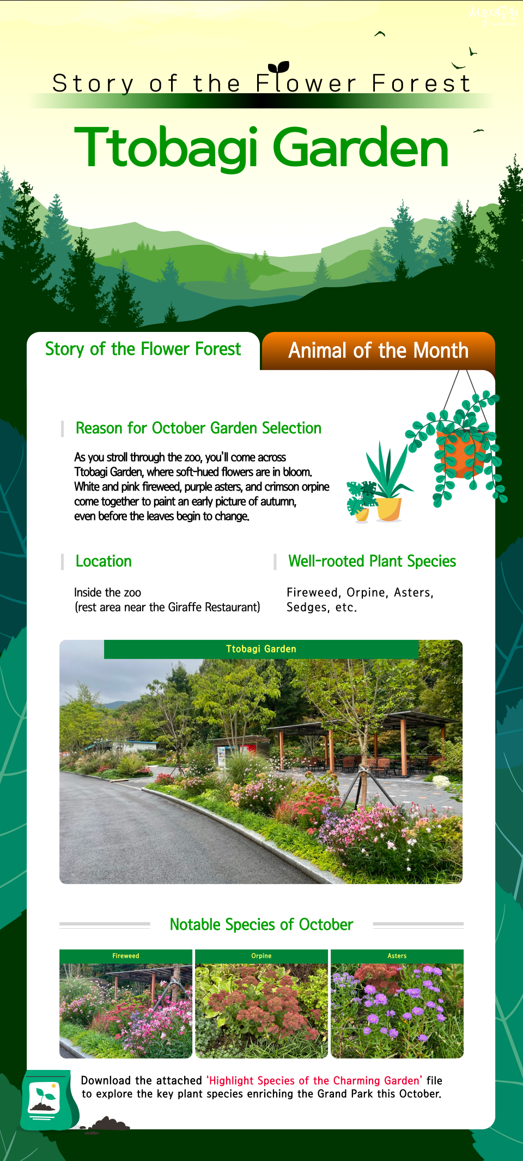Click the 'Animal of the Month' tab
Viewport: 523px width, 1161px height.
(378, 350)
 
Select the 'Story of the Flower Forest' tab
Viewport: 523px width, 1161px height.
(143, 349)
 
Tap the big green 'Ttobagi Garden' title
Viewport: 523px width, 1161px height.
(261, 148)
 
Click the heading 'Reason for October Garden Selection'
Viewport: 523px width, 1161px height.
(198, 428)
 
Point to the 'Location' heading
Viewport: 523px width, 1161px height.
(104, 561)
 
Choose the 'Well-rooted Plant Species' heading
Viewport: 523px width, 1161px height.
(372, 561)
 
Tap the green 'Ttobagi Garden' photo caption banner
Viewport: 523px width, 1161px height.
(261, 649)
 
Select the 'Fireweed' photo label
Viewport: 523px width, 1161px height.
(126, 956)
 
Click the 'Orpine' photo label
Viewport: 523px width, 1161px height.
(261, 956)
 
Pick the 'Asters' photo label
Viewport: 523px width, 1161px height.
(397, 956)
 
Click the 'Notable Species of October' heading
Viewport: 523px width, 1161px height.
(261, 924)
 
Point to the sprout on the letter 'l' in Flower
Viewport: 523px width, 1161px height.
(279, 67)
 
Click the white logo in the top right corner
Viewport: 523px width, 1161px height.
(492, 15)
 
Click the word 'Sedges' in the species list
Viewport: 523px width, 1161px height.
(307, 608)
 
